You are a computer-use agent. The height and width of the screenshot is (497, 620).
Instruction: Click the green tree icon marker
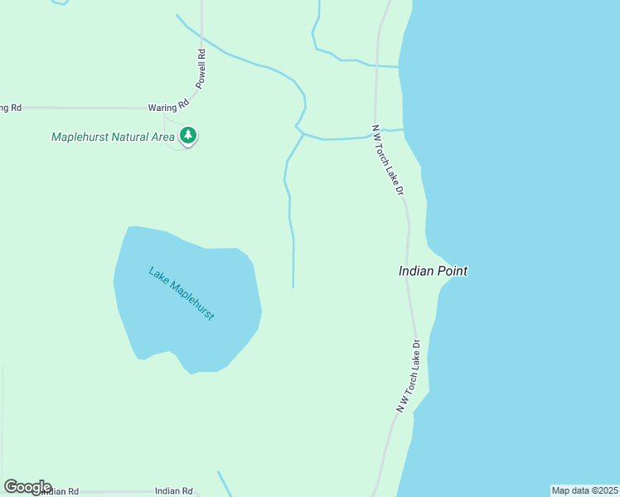(188, 135)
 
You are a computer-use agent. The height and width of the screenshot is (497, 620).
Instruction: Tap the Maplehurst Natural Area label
(113, 137)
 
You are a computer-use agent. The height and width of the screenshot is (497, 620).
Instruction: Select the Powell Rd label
(201, 68)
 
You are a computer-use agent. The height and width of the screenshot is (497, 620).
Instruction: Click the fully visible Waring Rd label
(168, 107)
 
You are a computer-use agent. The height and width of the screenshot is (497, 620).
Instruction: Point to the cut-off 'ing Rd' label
(10, 108)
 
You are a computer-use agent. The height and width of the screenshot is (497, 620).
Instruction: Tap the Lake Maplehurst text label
(182, 293)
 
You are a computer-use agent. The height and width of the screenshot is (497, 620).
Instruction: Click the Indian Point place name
(433, 271)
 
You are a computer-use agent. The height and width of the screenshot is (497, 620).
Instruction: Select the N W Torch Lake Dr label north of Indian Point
(387, 160)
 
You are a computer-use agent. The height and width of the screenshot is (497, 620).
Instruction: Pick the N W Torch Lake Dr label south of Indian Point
(408, 376)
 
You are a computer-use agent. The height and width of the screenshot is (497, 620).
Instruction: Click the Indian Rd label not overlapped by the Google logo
(173, 490)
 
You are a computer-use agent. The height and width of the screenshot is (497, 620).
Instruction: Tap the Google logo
(27, 487)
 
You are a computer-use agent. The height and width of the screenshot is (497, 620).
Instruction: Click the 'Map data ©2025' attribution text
(584, 490)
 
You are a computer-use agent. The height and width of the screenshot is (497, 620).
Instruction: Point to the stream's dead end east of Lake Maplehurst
(293, 287)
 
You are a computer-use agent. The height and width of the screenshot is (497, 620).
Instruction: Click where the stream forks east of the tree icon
(303, 134)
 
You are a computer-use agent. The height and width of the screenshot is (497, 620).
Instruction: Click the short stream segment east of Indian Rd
(224, 484)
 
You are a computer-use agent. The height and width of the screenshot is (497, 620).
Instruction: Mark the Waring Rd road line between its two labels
(83, 108)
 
